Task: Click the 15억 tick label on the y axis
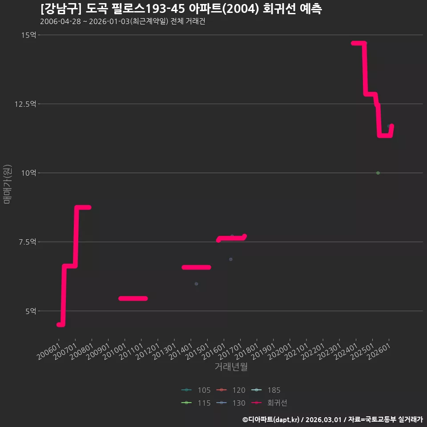28,35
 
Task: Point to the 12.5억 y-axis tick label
25,104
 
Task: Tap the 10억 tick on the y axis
28,173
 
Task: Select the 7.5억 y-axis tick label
27,242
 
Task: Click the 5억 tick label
31,311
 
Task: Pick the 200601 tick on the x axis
49,351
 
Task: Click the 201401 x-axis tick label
181,351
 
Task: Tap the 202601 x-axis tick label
379,351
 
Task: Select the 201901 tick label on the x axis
263,351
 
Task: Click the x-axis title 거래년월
231,367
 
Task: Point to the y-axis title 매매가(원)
7,184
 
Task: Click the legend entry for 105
196,390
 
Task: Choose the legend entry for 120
231,390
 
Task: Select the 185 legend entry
266,390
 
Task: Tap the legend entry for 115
196,403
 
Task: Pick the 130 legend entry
231,403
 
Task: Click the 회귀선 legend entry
269,403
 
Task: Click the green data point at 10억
378,173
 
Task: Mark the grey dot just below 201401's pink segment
196,284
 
